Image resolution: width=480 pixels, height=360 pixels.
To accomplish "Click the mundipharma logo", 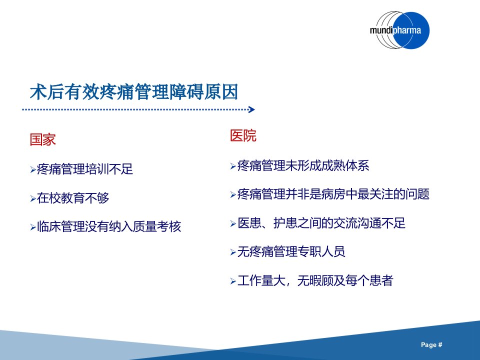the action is pyautogui.click(x=399, y=30).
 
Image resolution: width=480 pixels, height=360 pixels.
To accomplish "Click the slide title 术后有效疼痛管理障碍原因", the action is pyautogui.click(x=134, y=91).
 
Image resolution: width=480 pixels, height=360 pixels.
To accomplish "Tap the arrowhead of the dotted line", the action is pyautogui.click(x=251, y=109).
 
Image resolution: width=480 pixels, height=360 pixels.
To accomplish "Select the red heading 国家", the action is pyautogui.click(x=42, y=139).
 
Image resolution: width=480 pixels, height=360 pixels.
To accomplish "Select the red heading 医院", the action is pyautogui.click(x=243, y=135).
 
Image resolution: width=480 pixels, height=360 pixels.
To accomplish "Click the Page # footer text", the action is pyautogui.click(x=431, y=344).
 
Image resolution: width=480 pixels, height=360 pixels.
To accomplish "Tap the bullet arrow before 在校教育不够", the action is pyautogui.click(x=33, y=198).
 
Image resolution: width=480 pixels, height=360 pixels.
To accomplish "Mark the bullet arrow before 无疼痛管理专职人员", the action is pyautogui.click(x=233, y=252).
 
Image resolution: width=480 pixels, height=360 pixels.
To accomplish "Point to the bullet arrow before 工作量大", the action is pyautogui.click(x=233, y=281).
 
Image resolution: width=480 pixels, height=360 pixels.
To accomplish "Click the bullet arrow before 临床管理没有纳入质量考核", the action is pyautogui.click(x=33, y=227).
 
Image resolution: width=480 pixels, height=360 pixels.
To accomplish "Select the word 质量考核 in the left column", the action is pyautogui.click(x=157, y=226).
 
